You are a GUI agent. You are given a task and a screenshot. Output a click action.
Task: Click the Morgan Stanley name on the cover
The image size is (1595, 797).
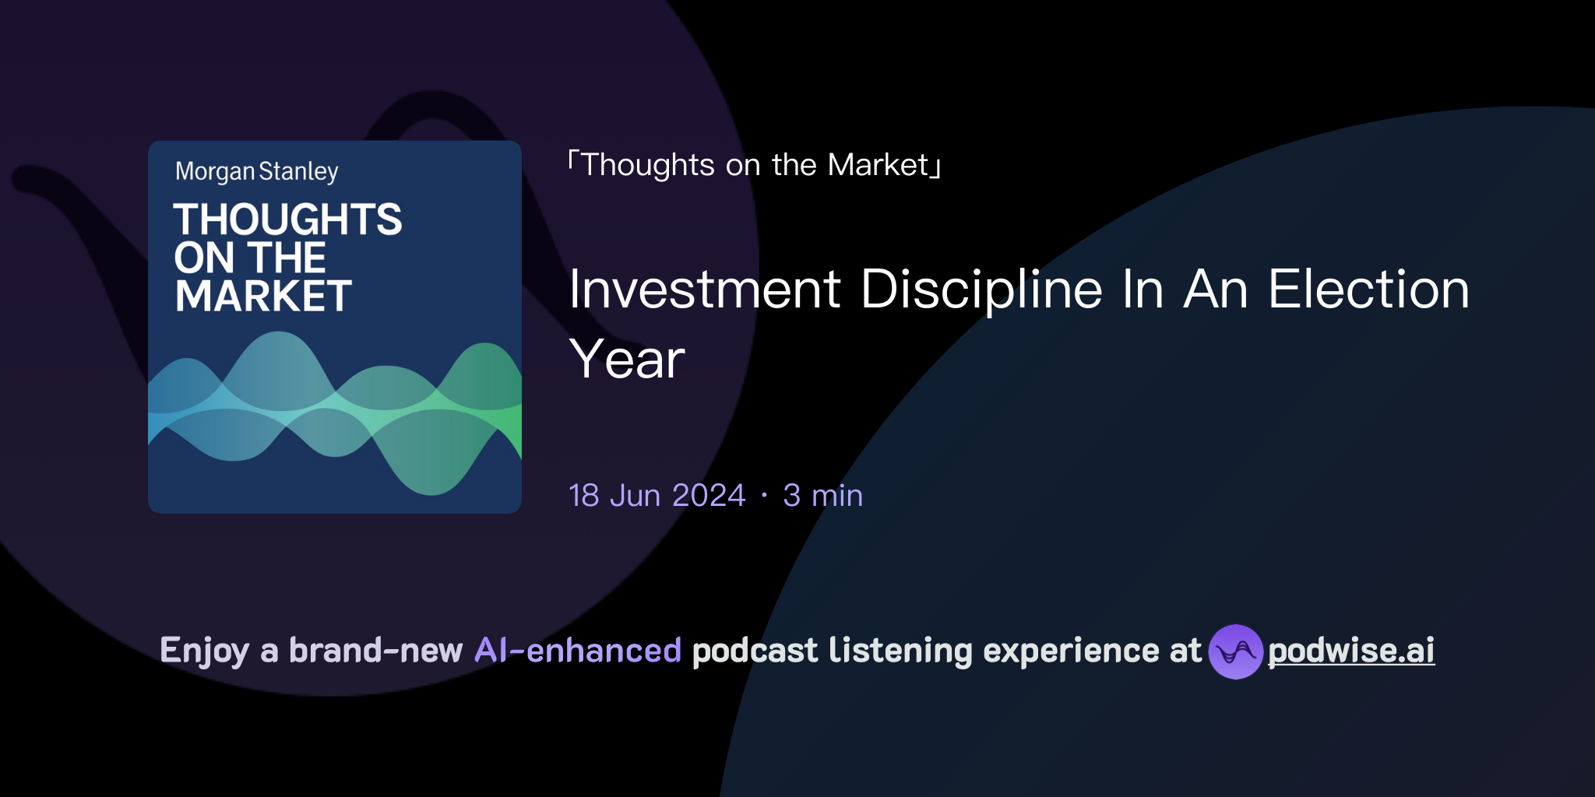tap(256, 171)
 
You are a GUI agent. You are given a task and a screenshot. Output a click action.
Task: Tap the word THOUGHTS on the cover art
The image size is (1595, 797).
tap(287, 219)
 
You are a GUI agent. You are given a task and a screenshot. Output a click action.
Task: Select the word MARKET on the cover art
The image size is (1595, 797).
tap(263, 297)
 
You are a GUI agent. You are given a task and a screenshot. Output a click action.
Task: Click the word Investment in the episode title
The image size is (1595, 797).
tap(705, 290)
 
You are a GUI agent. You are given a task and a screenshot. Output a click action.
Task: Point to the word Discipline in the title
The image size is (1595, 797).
tap(981, 290)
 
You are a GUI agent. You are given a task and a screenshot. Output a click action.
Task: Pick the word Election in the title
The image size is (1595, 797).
tap(1368, 290)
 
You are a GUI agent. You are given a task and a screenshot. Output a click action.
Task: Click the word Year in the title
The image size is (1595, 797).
tap(627, 360)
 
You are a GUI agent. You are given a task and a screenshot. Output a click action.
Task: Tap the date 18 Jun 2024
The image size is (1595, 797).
tap(657, 496)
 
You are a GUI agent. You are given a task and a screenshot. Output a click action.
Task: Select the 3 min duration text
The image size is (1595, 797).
tap(822, 496)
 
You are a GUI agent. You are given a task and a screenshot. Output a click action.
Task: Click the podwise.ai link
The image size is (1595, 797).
tap(1351, 651)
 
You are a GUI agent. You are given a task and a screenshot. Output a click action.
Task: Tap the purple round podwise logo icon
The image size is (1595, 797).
tap(1235, 651)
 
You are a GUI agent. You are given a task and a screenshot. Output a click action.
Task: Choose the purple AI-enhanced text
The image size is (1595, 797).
tap(578, 651)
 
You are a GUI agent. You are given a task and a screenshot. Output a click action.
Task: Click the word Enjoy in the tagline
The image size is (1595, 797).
tap(204, 651)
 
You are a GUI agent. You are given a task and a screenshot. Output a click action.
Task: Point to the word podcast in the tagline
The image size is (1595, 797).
tap(755, 651)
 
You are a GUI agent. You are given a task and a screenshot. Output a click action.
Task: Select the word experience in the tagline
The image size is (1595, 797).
tap(1071, 651)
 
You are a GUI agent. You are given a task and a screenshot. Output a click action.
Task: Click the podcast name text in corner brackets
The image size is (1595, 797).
tap(755, 165)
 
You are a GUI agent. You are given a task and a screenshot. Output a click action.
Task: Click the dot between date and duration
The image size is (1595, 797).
tap(764, 496)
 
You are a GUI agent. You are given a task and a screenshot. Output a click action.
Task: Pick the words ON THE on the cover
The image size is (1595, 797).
tap(249, 258)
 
